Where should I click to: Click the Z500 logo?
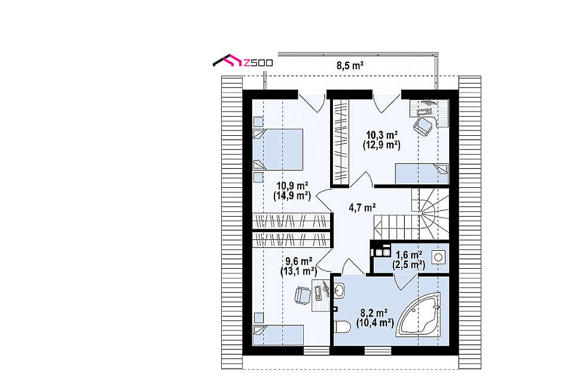coord(243,62)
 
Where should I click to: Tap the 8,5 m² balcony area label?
coord(350,66)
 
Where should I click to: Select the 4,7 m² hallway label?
coord(362,208)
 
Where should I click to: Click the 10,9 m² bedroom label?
coord(292,186)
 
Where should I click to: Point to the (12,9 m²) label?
coord(381,145)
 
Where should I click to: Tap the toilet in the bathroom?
coord(343,327)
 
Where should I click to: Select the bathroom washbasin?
coord(340,291)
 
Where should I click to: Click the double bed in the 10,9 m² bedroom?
coord(278,149)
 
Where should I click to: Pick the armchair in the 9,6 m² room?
coord(303,295)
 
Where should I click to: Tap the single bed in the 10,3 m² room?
coord(422,174)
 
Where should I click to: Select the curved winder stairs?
coord(430,214)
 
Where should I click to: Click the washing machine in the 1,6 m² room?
coord(438,257)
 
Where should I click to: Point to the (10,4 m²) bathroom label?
coord(375,323)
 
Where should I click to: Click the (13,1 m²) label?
coord(299,272)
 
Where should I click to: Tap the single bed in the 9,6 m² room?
coord(278,335)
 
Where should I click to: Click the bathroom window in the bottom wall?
coord(378,351)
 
